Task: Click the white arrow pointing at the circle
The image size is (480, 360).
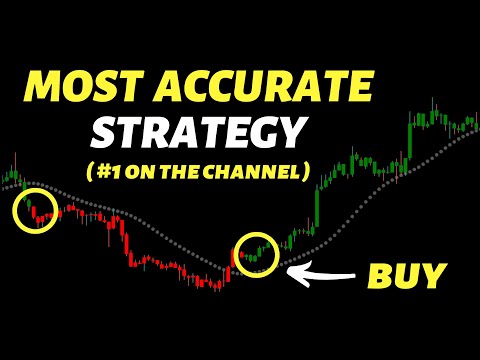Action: point(321,270)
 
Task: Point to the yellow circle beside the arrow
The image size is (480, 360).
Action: point(256,254)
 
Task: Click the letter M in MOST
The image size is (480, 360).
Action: point(45,88)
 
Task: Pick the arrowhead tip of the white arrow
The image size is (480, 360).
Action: point(290,270)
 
